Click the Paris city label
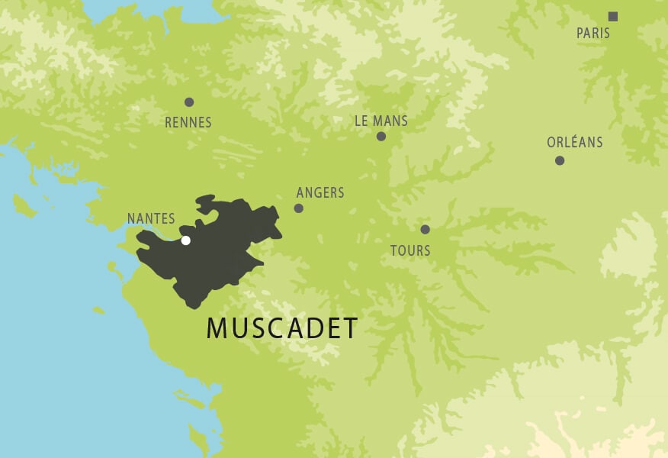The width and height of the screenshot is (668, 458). tap(593, 34)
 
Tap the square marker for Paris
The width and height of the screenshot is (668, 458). tap(612, 16)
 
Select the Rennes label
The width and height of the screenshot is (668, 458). tap(188, 122)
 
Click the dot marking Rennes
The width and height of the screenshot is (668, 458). tap(189, 102)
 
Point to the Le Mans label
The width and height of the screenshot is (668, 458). tap(381, 121)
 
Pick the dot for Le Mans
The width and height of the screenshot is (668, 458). tap(381, 137)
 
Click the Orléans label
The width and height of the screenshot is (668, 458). tap(575, 142)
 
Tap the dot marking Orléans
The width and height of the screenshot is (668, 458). tap(560, 160)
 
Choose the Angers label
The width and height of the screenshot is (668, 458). tap(320, 192)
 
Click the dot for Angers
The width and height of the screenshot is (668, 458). tap(299, 208)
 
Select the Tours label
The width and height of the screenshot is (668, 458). tap(410, 250)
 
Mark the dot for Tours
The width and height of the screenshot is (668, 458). tap(425, 229)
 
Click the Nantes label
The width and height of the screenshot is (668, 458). tap(151, 218)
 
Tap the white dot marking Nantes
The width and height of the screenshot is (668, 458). tap(185, 240)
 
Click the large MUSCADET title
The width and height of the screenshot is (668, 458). tap(282, 328)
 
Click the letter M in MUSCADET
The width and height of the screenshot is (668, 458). tap(217, 328)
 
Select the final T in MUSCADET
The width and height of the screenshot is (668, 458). tap(350, 328)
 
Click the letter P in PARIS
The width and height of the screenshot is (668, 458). tap(580, 34)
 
